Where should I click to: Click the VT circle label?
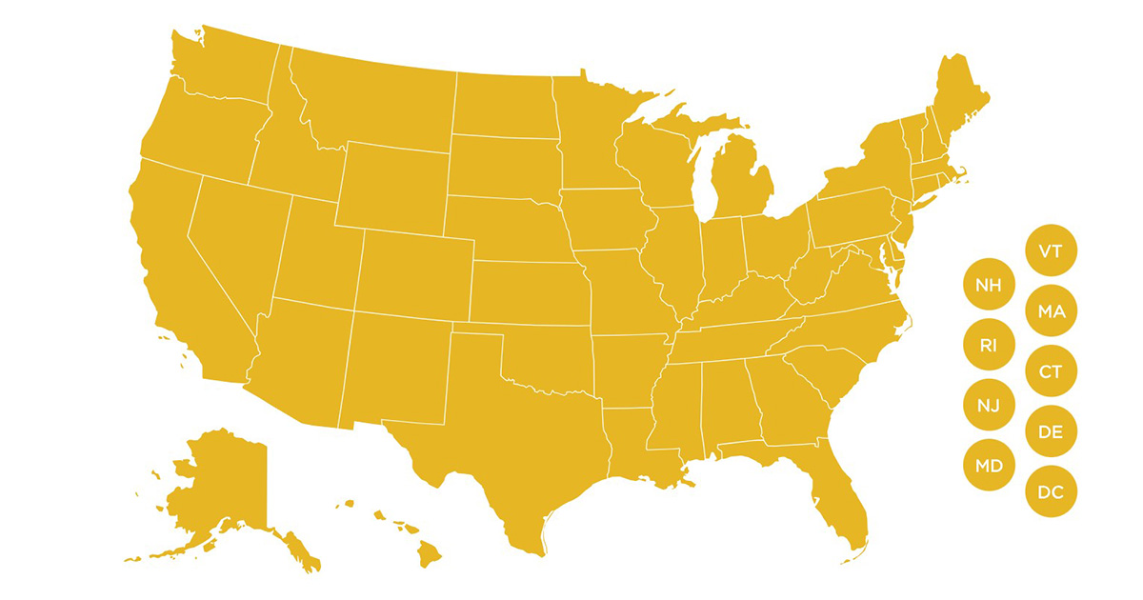point(1051,251)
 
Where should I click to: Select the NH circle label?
point(989,284)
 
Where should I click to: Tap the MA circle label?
point(1051,311)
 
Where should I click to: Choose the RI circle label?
point(989,345)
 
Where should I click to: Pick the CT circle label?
point(1051,371)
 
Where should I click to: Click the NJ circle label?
point(989,406)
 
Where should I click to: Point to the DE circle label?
point(1051,432)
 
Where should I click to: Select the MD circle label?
point(989,467)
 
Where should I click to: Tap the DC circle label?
point(1051,492)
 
